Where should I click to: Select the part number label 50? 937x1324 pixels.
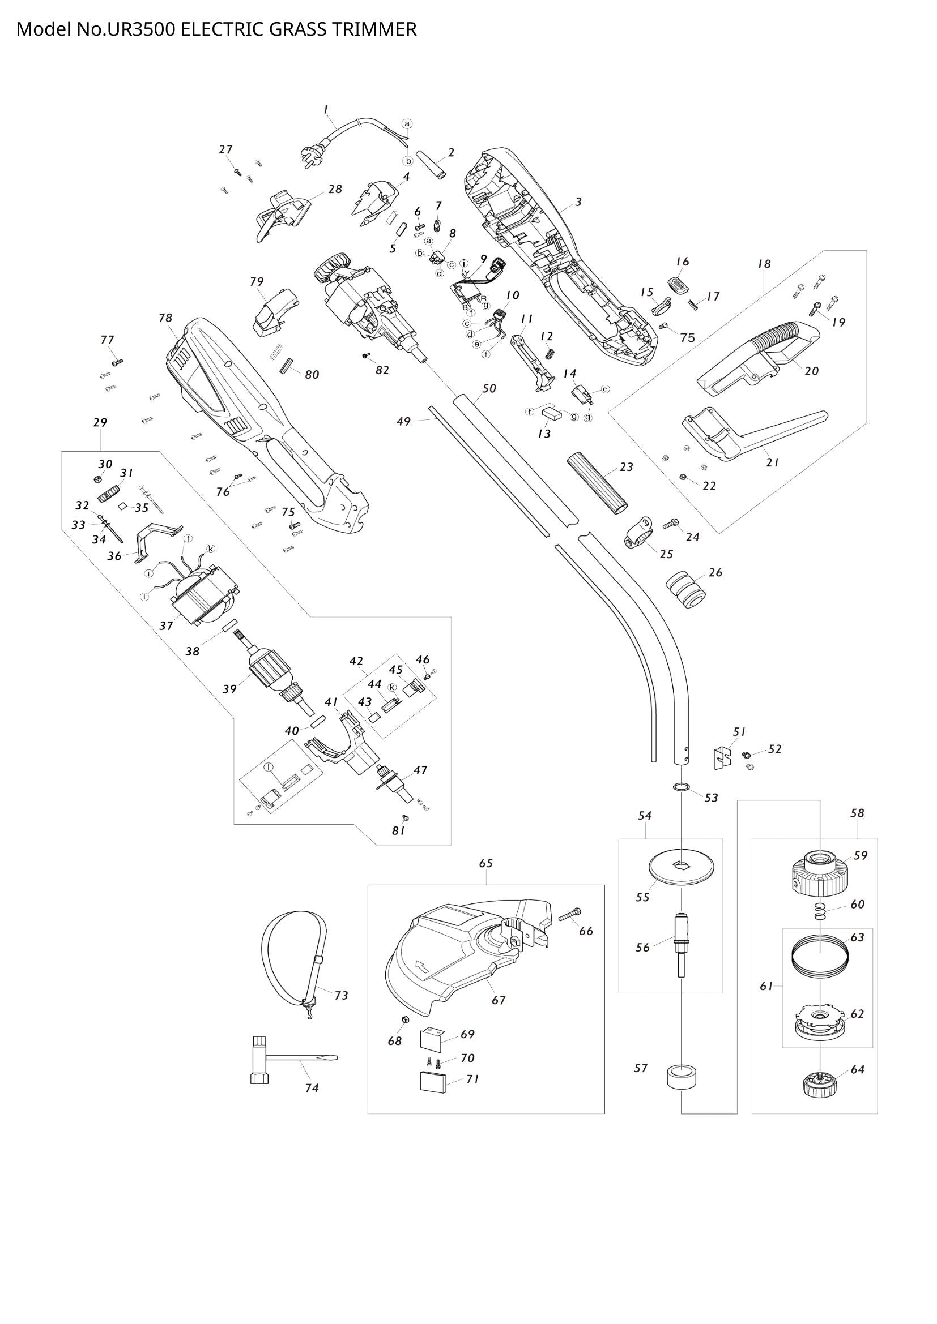point(489,389)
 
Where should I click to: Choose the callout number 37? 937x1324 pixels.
point(166,625)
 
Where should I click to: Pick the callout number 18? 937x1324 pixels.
point(764,264)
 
